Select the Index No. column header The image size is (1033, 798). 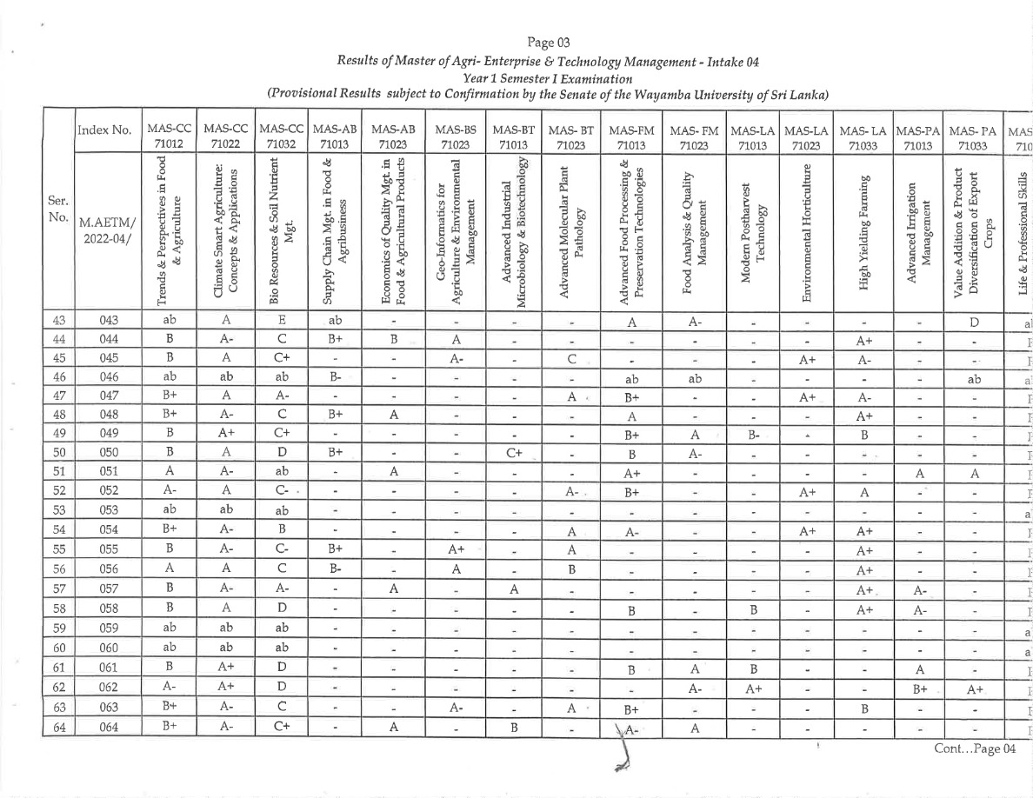[x=102, y=130]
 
